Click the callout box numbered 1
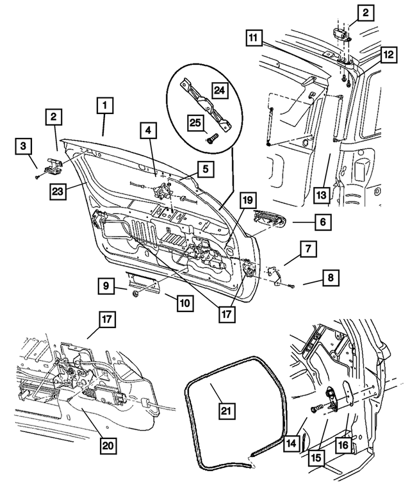tap(106, 106)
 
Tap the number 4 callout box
tap(148, 131)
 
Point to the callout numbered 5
tap(206, 170)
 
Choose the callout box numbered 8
tap(330, 278)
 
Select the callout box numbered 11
tap(255, 38)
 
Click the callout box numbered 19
tap(249, 202)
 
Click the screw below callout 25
tap(211, 136)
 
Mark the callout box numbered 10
tap(185, 301)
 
